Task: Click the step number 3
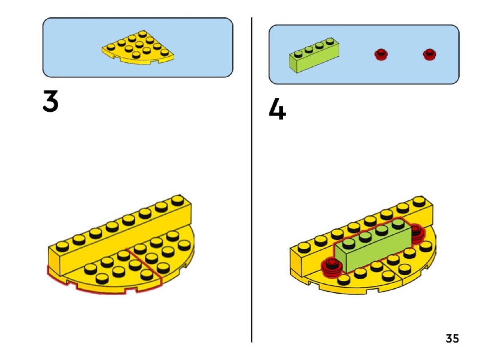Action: click(x=50, y=101)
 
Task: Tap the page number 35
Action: click(x=452, y=338)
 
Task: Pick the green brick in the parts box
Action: click(x=314, y=55)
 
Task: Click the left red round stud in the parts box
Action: click(x=381, y=54)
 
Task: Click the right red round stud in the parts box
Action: click(x=430, y=54)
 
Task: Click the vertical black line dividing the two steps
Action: click(x=252, y=180)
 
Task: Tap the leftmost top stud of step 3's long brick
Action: click(x=62, y=246)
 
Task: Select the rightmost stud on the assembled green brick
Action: click(x=398, y=224)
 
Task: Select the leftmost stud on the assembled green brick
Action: click(x=349, y=243)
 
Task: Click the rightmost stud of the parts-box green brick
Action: click(x=330, y=41)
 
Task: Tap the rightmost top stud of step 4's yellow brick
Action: click(x=419, y=201)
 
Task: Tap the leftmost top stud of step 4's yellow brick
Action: click(x=304, y=247)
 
